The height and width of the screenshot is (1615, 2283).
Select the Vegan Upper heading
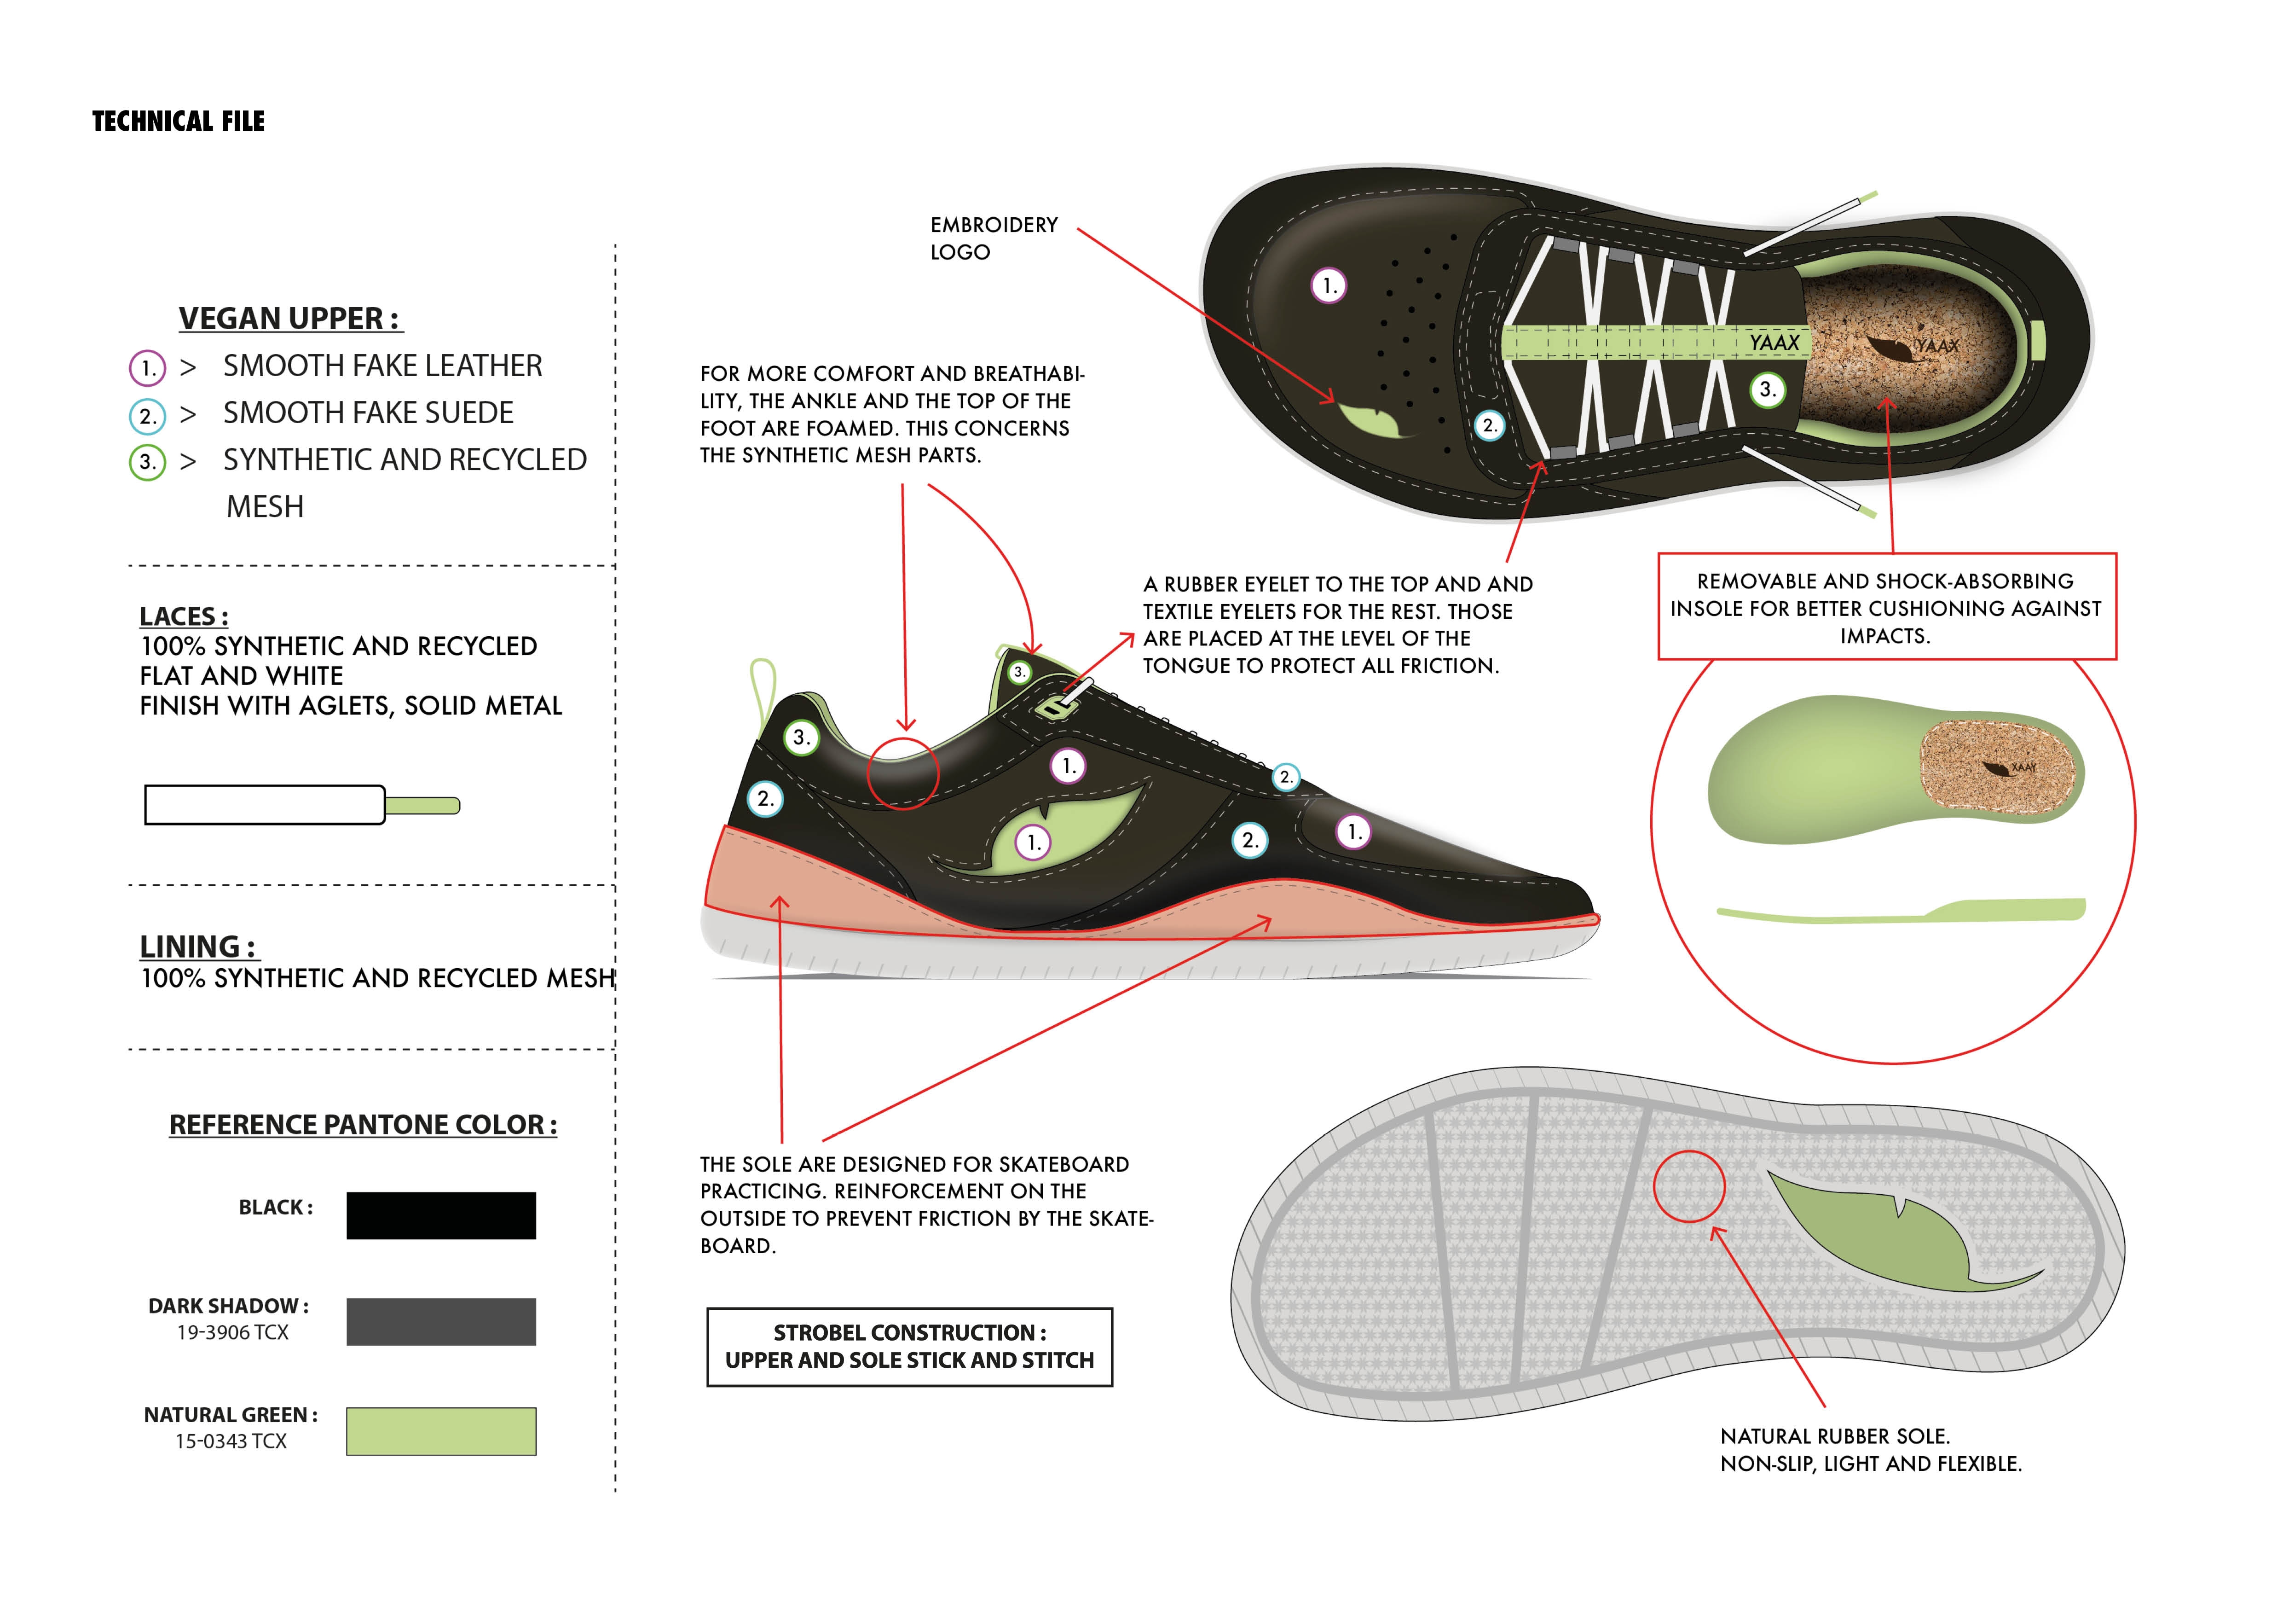(x=289, y=318)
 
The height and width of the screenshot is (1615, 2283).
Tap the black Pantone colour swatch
(x=440, y=1215)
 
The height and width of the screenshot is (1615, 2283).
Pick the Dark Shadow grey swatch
(x=440, y=1322)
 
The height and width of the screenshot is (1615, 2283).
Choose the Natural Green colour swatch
(x=440, y=1431)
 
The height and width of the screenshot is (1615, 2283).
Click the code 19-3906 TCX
(x=233, y=1333)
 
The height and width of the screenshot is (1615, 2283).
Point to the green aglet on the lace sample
(x=422, y=806)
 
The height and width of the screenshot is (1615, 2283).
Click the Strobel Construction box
(x=909, y=1347)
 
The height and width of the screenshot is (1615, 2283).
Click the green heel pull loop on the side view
(x=763, y=686)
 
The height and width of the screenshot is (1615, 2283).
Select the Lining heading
(x=198, y=947)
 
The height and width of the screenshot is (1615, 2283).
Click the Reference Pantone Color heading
(x=363, y=1125)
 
